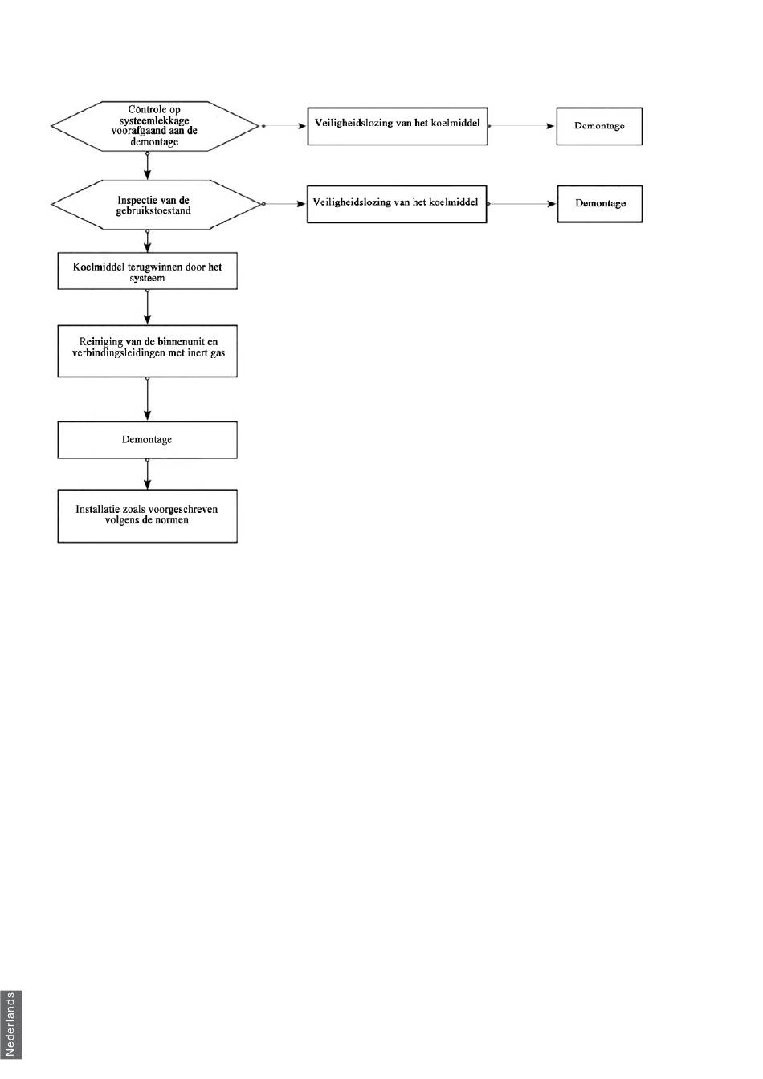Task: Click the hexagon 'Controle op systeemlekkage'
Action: [155, 126]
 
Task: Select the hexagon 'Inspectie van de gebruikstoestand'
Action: [155, 205]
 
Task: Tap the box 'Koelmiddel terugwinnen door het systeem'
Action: [148, 271]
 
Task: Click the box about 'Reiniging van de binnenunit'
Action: [148, 351]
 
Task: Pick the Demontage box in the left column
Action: [148, 440]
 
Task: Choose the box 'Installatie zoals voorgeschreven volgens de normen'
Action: [148, 516]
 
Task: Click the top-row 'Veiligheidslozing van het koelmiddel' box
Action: [398, 126]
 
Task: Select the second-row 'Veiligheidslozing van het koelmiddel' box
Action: [398, 204]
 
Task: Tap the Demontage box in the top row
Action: [600, 126]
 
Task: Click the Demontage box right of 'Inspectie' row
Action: [600, 204]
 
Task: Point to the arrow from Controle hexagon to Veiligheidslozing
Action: [284, 126]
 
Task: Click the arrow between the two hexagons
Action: [148, 165]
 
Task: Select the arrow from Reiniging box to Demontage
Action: [148, 399]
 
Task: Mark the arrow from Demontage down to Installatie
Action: [148, 474]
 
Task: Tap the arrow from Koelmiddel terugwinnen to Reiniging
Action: [148, 307]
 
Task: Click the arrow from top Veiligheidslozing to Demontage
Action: [522, 126]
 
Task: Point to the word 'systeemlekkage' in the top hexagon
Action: [154, 120]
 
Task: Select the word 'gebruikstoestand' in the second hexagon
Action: [153, 211]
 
